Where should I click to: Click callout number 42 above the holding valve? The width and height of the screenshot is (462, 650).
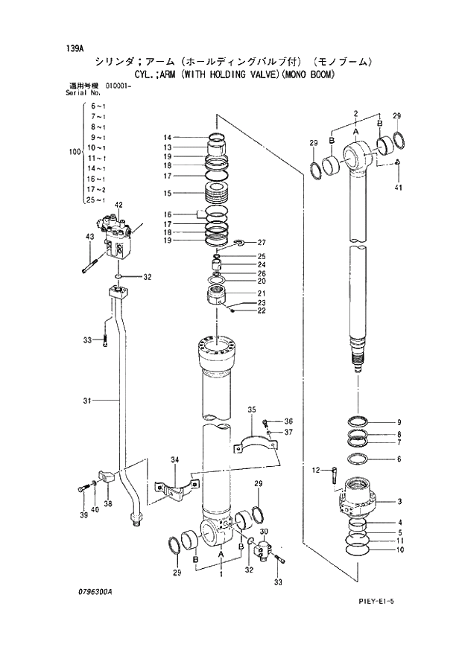tap(118, 205)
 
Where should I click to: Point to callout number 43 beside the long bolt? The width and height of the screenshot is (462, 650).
tap(90, 237)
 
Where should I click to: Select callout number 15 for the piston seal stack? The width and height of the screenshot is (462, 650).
tap(168, 194)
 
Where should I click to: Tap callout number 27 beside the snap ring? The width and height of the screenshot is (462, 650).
tap(262, 243)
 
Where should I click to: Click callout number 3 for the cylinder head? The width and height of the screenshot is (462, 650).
tap(399, 501)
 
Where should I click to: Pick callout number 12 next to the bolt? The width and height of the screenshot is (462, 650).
tap(316, 470)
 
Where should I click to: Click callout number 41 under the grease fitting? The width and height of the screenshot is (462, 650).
tap(399, 188)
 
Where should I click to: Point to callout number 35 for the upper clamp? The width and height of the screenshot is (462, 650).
tap(252, 410)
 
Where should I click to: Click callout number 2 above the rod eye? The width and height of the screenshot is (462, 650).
tap(356, 113)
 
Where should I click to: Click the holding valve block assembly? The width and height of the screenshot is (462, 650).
tap(119, 237)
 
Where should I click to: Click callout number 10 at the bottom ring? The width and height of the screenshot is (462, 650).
tap(399, 550)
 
